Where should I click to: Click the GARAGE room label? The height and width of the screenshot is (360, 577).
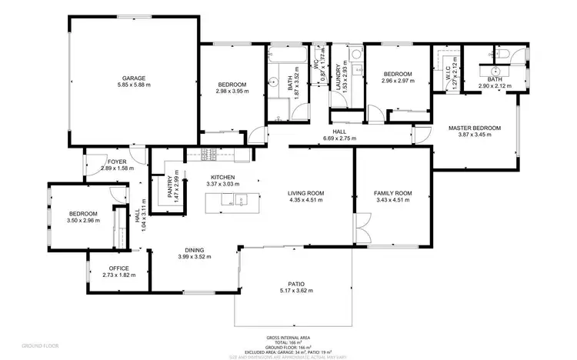coord(133,78)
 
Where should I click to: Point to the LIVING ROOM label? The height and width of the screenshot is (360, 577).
coord(305,193)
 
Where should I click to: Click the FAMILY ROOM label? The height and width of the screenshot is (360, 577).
coord(392,193)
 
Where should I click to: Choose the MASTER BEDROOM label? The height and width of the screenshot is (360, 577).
coord(475,128)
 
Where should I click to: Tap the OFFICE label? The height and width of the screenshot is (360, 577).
coord(118,268)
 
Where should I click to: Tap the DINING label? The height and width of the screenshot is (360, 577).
coord(194,250)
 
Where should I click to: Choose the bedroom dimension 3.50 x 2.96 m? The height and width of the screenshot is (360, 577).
coord(82,221)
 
